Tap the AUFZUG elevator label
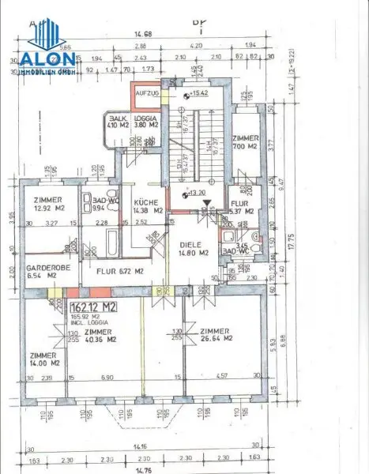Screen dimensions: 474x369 (147, 93)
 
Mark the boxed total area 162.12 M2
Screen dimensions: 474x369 (92, 307)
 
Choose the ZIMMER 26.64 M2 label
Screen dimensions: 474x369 (217, 335)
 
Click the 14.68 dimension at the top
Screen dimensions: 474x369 (143, 33)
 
